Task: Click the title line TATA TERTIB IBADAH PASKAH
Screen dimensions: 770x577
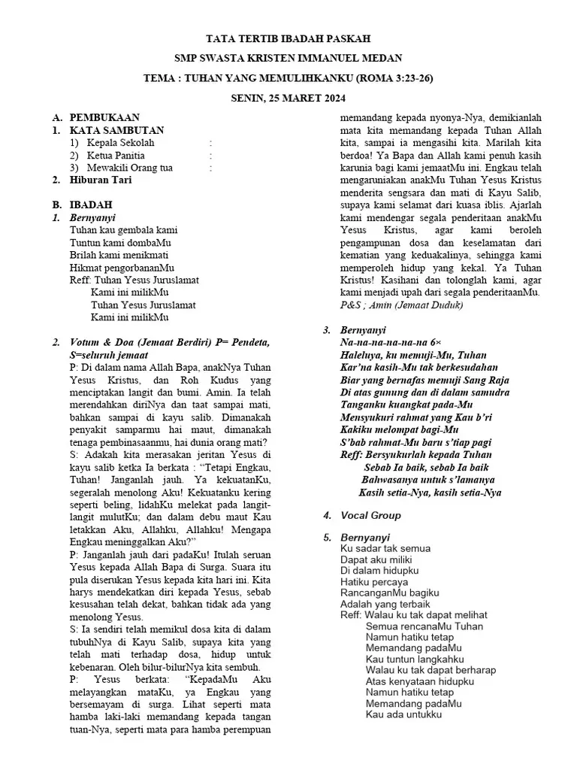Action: click(x=288, y=38)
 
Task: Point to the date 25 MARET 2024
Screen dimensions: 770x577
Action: click(x=307, y=98)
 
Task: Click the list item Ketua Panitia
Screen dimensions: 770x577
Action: click(x=116, y=155)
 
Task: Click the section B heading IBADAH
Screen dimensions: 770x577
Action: click(x=91, y=205)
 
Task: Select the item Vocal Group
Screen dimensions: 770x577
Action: click(x=370, y=515)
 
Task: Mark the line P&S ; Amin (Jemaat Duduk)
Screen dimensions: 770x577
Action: click(x=401, y=306)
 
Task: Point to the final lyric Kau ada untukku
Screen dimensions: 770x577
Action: click(x=403, y=714)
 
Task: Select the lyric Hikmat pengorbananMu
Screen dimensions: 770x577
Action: click(x=122, y=267)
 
